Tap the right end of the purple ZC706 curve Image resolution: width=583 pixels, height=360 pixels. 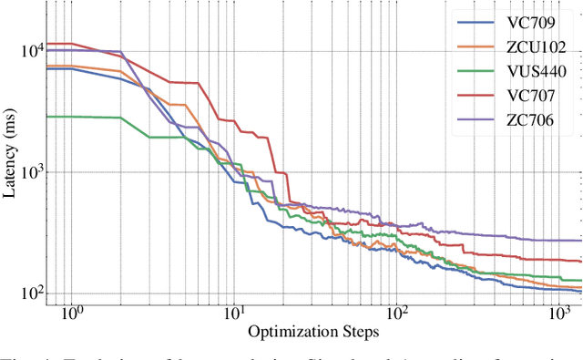(x=581, y=241)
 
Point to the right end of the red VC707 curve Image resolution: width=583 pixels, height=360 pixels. (x=581, y=262)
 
